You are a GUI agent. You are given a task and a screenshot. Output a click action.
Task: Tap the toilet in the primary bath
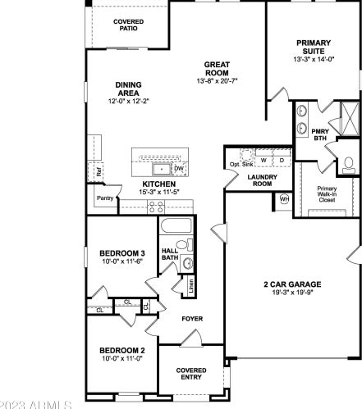tap(348, 164)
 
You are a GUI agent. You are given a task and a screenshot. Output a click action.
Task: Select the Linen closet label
tap(190, 286)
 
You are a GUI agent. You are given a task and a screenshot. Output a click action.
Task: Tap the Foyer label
tap(192, 318)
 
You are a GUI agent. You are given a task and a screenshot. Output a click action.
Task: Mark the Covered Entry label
tap(191, 374)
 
